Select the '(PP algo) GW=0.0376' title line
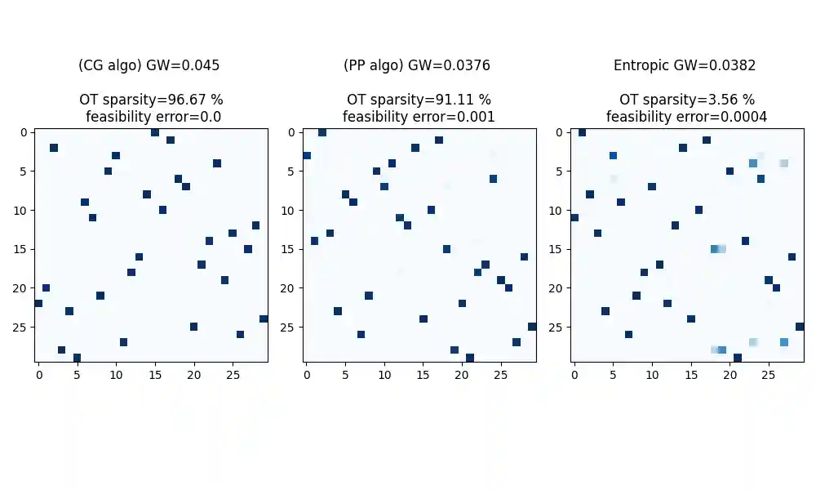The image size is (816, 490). pyautogui.click(x=419, y=65)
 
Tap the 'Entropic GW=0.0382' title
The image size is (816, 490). pyautogui.click(x=686, y=65)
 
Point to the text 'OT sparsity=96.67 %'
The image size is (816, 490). pyautogui.click(x=151, y=100)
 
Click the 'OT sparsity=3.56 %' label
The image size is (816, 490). pyautogui.click(x=686, y=100)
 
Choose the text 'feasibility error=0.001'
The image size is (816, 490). pyautogui.click(x=419, y=117)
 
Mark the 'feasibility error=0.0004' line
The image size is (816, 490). pyautogui.click(x=686, y=117)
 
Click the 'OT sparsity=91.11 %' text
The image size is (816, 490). pyautogui.click(x=419, y=100)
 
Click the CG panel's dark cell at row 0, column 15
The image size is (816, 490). pyautogui.click(x=155, y=132)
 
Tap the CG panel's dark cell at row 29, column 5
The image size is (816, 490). pyautogui.click(x=77, y=358)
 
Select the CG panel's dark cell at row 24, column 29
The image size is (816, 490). pyautogui.click(x=264, y=318)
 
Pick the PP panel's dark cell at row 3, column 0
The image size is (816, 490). pyautogui.click(x=306, y=155)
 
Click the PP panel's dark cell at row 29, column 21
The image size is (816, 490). pyautogui.click(x=469, y=358)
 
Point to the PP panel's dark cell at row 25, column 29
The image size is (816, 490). pyautogui.click(x=532, y=327)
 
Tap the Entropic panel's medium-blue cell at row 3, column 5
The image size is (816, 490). pyautogui.click(x=613, y=155)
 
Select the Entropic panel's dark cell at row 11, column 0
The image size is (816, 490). pyautogui.click(x=574, y=217)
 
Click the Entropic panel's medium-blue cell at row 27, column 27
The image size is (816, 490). pyautogui.click(x=784, y=342)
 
